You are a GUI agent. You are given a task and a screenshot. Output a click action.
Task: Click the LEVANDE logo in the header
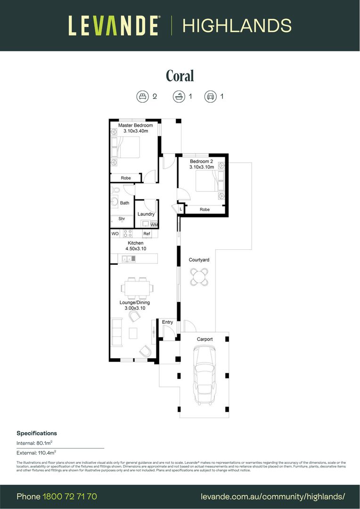click(x=114, y=25)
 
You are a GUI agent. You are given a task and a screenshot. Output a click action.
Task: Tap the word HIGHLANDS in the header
click(x=237, y=25)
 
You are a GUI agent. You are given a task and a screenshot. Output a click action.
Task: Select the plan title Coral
click(x=180, y=76)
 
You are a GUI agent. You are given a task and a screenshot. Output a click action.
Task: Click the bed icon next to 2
click(x=142, y=97)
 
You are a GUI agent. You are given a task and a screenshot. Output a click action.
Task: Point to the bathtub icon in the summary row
click(x=179, y=97)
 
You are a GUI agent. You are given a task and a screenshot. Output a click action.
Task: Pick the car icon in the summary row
click(x=210, y=97)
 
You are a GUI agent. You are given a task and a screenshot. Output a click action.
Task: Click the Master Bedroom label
click(x=136, y=125)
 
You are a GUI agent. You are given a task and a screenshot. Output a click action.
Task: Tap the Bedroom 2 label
click(x=201, y=161)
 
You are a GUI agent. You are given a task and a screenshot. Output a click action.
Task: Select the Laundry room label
click(x=146, y=214)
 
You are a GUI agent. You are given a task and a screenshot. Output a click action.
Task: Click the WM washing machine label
click(x=154, y=225)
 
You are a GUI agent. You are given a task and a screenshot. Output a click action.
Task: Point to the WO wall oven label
click(x=115, y=234)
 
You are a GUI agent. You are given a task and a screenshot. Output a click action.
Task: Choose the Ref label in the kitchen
click(x=147, y=234)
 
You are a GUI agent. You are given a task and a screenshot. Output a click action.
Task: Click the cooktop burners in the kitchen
click(x=127, y=233)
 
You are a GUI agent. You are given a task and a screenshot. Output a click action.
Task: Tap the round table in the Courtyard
click(x=199, y=277)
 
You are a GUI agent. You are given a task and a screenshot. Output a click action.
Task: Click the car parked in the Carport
click(x=205, y=375)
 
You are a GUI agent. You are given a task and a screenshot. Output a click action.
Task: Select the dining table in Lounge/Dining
click(x=137, y=287)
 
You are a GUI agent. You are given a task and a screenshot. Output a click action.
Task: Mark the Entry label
click(x=167, y=322)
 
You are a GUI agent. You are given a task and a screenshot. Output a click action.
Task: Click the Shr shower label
click(x=122, y=219)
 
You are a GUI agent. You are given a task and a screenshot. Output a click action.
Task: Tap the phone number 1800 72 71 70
click(x=70, y=496)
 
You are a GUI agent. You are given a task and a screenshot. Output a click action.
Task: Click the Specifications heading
click(x=37, y=433)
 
